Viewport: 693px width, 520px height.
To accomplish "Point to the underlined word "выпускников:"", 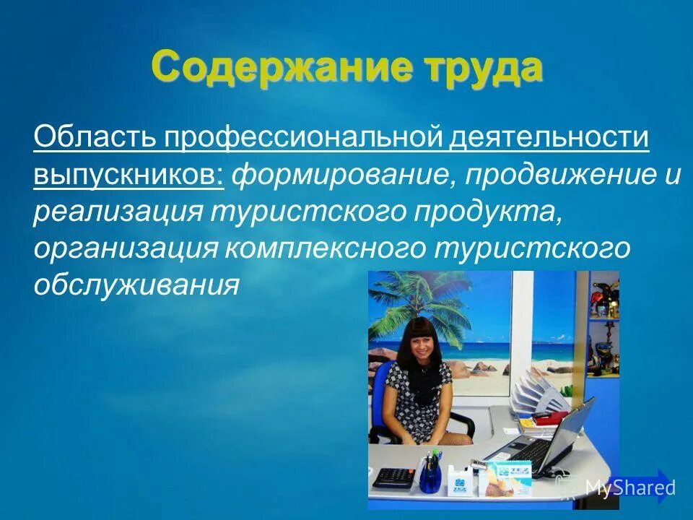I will pos(128,175).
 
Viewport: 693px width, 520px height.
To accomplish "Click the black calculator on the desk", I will pos(393,477).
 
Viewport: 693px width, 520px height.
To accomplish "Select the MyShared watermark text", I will pos(629,487).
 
